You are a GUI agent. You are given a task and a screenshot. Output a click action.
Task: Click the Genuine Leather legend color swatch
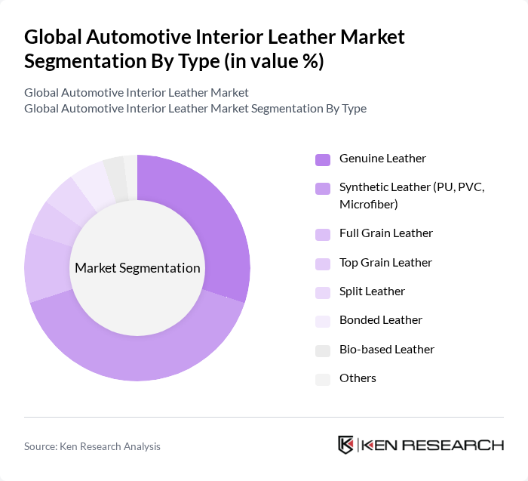pyautogui.click(x=322, y=159)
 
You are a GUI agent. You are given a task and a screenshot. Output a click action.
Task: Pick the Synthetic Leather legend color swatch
pyautogui.click(x=322, y=188)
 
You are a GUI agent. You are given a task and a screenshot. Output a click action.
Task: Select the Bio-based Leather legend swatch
pyautogui.click(x=322, y=350)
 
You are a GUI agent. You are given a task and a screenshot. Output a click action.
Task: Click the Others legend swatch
pyautogui.click(x=322, y=379)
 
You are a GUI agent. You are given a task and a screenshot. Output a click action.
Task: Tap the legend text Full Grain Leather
pyautogui.click(x=385, y=233)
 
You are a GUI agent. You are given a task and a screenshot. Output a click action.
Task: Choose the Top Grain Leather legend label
pyautogui.click(x=385, y=263)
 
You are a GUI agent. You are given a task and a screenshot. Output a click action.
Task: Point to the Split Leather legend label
pyautogui.click(x=372, y=291)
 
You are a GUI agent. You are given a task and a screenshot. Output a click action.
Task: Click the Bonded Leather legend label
pyautogui.click(x=380, y=320)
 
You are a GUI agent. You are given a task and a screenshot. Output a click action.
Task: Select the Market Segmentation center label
pyautogui.click(x=137, y=268)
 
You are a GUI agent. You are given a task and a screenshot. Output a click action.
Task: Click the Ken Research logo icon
pyautogui.click(x=346, y=445)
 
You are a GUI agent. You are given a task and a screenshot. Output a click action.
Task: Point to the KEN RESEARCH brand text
pyautogui.click(x=433, y=446)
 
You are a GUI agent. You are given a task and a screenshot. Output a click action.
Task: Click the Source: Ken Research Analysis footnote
pyautogui.click(x=92, y=446)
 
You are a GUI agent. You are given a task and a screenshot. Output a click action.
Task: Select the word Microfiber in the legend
pyautogui.click(x=368, y=205)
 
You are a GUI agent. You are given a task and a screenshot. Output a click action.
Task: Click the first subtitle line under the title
pyautogui.click(x=136, y=93)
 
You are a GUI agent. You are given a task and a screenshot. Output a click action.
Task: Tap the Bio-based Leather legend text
pyautogui.click(x=386, y=350)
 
